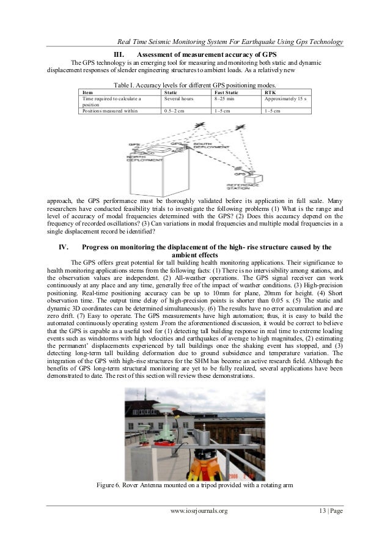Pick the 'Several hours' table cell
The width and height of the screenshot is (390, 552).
pos(178,97)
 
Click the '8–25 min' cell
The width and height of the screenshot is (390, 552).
pos(224,97)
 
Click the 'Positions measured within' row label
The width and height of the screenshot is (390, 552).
pos(111,111)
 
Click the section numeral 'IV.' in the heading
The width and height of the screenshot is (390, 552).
pos(62,247)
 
